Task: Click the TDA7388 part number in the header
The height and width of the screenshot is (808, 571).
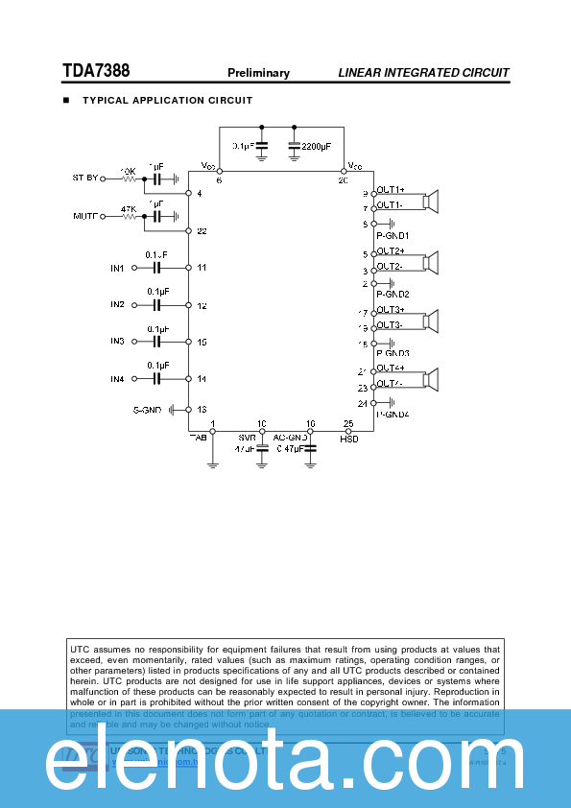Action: point(96,71)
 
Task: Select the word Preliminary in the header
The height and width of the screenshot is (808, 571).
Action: point(258,73)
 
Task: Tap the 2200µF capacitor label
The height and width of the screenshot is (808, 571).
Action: point(316,146)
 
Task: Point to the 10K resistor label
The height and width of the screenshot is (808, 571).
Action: point(128,170)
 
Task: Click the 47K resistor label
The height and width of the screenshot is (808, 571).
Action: point(128,208)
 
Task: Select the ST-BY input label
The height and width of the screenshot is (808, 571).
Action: point(85,178)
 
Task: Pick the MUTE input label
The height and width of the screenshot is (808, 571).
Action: point(86,217)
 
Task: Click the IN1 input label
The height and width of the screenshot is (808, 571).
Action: point(117,268)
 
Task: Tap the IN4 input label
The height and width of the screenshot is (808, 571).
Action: point(117,379)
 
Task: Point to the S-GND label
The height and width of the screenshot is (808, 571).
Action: point(148,410)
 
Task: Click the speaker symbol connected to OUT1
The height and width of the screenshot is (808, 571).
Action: point(432,201)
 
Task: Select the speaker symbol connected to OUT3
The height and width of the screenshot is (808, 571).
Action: point(432,320)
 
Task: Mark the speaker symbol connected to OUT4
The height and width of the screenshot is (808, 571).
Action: point(432,379)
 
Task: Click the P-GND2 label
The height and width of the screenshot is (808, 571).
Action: point(393,294)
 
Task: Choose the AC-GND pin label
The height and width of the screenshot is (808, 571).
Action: point(289,438)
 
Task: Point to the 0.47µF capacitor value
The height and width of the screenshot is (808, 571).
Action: point(290,448)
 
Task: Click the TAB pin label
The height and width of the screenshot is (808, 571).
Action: point(198,438)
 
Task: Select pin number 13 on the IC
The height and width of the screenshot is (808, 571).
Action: point(202,410)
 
